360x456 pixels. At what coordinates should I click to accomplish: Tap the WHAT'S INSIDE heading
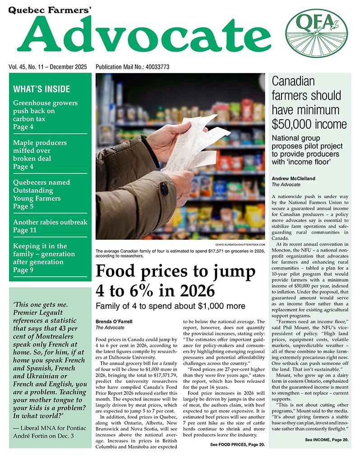coord(42,89)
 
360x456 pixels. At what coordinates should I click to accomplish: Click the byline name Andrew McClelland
coord(294,178)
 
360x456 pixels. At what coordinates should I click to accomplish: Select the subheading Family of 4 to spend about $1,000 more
coord(170,306)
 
